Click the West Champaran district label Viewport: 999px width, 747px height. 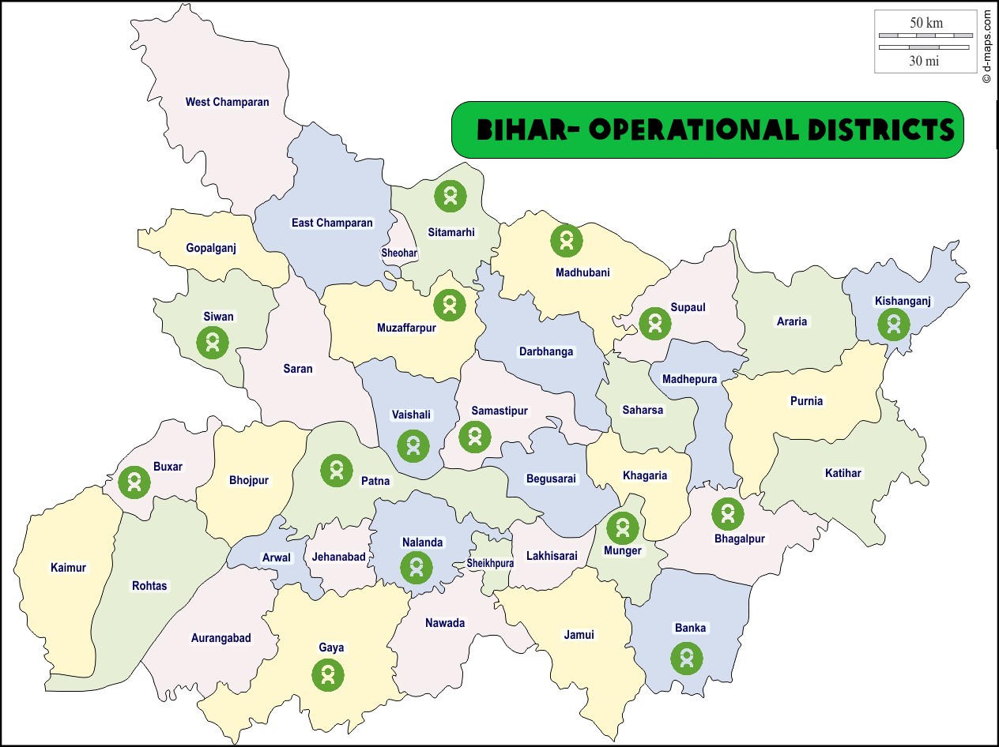227,102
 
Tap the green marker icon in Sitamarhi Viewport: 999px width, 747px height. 450,195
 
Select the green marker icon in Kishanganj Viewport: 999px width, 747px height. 894,324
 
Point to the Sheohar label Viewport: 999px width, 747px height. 399,253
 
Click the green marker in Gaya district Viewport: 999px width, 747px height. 327,674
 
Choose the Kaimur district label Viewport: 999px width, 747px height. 68,568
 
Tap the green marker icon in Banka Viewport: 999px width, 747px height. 687,658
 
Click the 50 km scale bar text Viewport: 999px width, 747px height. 925,23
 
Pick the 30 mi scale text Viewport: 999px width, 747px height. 924,61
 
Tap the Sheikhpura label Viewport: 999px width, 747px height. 490,563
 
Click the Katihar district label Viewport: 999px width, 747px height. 843,473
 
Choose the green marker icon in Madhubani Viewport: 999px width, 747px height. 566,240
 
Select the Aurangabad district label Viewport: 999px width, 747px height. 221,638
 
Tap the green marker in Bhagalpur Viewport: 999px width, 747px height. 727,514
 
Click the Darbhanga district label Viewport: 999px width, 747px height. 546,351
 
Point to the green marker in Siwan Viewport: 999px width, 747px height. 213,343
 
